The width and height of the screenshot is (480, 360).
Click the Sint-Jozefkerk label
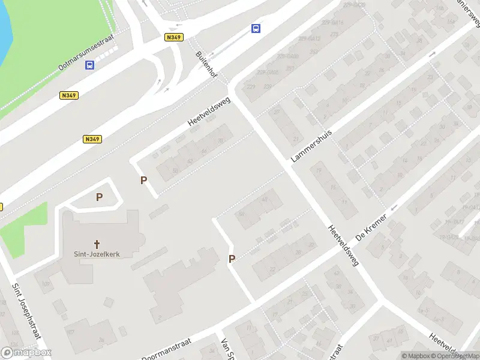point(97,254)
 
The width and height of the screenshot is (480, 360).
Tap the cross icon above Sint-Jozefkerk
point(97,244)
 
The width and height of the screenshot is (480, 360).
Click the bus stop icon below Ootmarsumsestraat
point(90,66)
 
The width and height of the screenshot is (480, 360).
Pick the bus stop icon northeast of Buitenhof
point(256,28)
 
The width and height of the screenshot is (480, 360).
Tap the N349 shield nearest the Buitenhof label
point(174,37)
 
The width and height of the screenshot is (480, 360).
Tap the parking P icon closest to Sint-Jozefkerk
point(99,197)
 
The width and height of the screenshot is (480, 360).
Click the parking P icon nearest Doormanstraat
point(232,259)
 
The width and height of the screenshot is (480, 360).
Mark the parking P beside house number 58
point(143,180)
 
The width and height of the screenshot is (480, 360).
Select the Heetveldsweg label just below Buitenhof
point(209,112)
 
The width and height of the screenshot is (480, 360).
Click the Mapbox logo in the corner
point(26,353)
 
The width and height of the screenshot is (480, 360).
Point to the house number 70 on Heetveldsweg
point(221,140)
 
